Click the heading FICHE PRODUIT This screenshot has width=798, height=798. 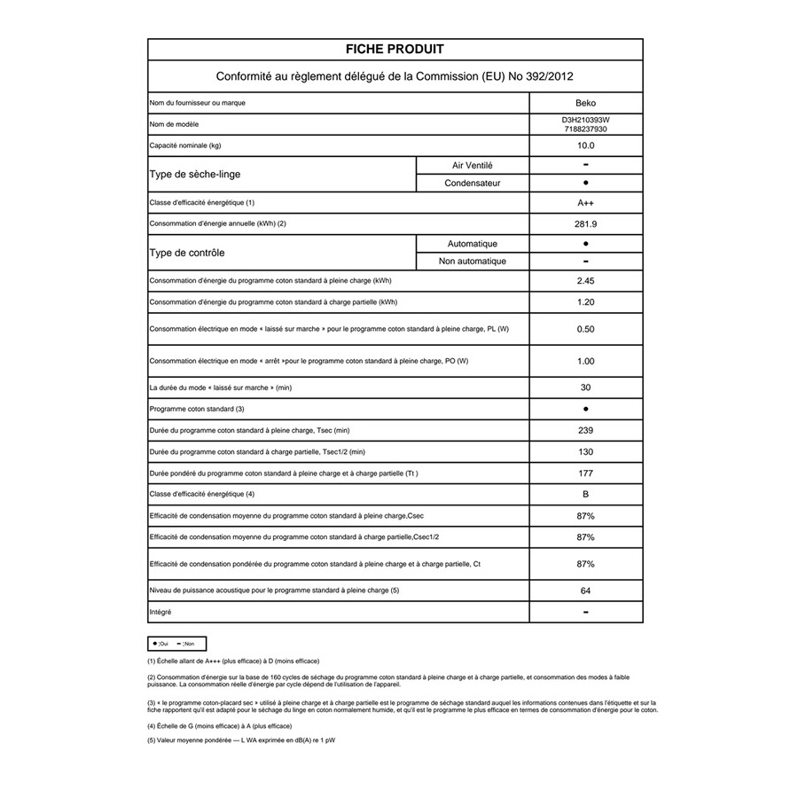(x=395, y=50)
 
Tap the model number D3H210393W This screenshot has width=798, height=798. (x=586, y=120)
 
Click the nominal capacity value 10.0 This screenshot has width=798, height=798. (x=586, y=145)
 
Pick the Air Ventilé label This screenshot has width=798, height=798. (x=473, y=165)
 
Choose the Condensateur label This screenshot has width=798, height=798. (x=473, y=183)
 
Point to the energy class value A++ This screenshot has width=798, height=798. (x=586, y=203)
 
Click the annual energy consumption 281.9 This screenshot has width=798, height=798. (x=586, y=224)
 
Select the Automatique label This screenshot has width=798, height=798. (x=473, y=243)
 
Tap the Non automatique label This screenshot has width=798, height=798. (x=473, y=261)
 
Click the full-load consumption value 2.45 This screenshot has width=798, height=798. (x=586, y=281)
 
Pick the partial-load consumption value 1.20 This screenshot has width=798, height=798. (x=586, y=302)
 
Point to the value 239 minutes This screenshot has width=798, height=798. (x=586, y=431)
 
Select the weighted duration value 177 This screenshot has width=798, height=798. (x=586, y=473)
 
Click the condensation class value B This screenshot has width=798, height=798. (x=586, y=494)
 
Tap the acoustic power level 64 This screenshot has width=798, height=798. (x=586, y=591)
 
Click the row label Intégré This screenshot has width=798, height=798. (x=160, y=612)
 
